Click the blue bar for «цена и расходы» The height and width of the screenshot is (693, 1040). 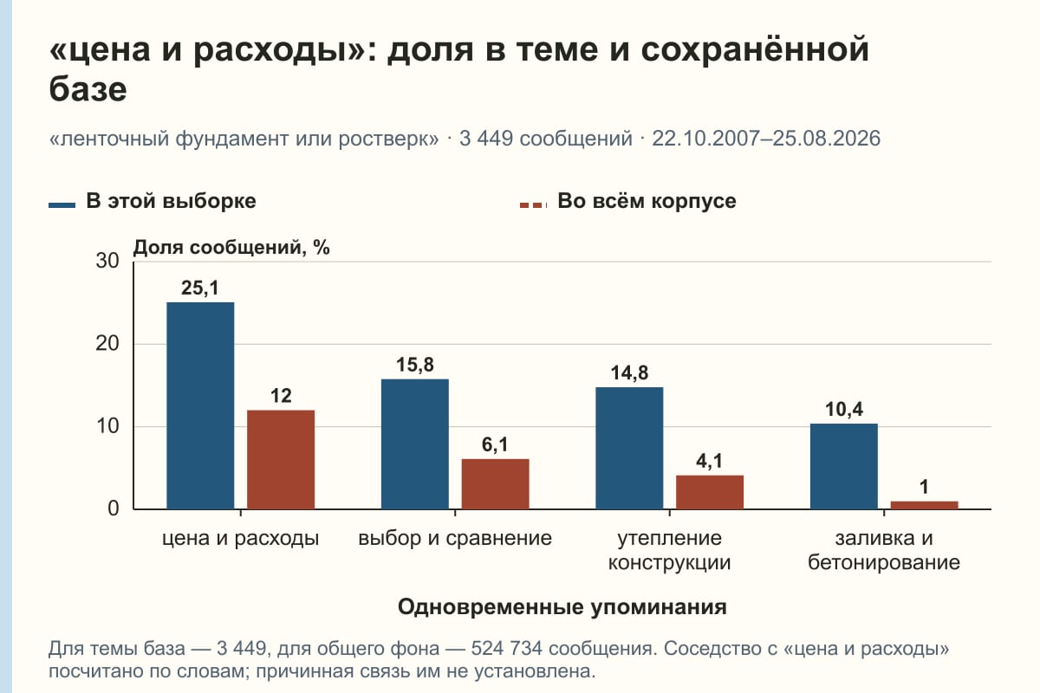pyautogui.click(x=200, y=405)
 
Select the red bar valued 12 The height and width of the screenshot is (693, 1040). pyautogui.click(x=281, y=459)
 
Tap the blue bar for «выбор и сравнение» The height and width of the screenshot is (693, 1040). pyautogui.click(x=414, y=444)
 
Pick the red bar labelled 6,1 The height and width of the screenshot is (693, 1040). pyautogui.click(x=495, y=484)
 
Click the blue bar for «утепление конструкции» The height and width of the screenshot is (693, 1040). pyautogui.click(x=629, y=448)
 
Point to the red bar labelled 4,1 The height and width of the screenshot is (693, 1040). pyautogui.click(x=710, y=492)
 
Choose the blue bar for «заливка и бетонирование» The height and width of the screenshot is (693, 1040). pyautogui.click(x=843, y=467)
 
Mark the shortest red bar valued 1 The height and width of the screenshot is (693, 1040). pyautogui.click(x=924, y=505)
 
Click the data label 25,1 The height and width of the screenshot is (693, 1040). pyautogui.click(x=199, y=288)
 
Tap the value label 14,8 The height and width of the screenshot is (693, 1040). pyautogui.click(x=629, y=372)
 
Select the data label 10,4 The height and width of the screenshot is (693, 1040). pyautogui.click(x=843, y=410)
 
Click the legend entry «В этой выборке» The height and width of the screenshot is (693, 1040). pyautogui.click(x=153, y=202)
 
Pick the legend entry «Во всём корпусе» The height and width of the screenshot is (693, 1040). pyautogui.click(x=627, y=202)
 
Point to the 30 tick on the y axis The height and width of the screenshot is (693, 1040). pyautogui.click(x=107, y=261)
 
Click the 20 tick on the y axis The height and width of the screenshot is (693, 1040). pyautogui.click(x=107, y=344)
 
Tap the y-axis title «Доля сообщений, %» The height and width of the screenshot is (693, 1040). pyautogui.click(x=231, y=248)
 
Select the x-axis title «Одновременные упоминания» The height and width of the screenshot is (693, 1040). pyautogui.click(x=562, y=607)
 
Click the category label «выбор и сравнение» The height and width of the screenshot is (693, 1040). pyautogui.click(x=455, y=539)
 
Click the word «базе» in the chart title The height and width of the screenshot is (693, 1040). pyautogui.click(x=88, y=89)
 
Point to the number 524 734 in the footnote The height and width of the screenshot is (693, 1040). pyautogui.click(x=506, y=649)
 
